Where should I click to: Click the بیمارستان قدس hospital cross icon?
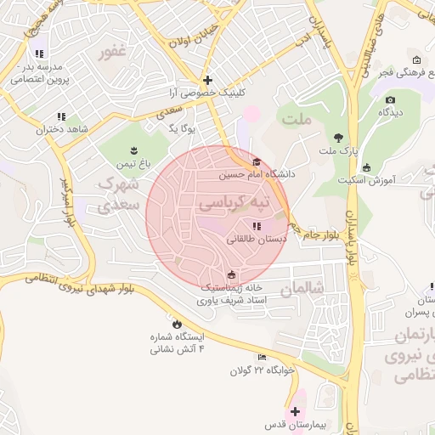[295, 411]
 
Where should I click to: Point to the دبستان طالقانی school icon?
[257, 226]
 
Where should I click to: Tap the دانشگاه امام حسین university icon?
[257, 162]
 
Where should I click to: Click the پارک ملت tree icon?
[338, 138]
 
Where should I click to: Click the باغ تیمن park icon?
[133, 150]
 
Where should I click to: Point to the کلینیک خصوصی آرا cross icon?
[206, 79]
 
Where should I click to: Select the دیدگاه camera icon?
[390, 99]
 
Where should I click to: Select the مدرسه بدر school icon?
[39, 54]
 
